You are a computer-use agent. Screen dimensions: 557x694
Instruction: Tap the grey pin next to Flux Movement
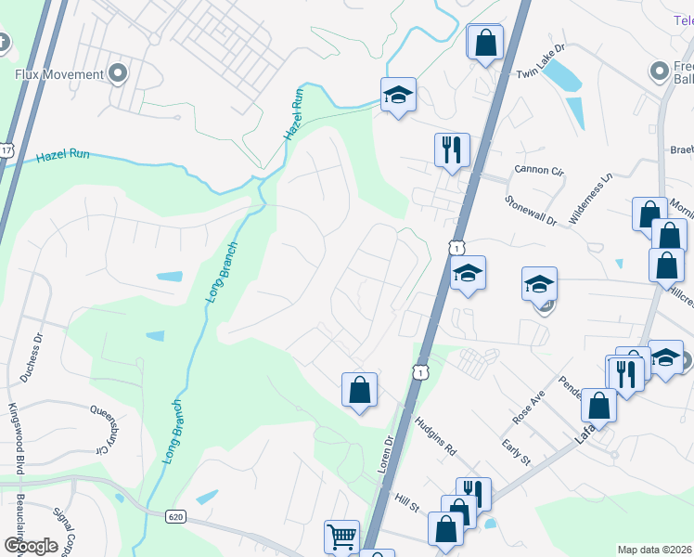[x=118, y=72]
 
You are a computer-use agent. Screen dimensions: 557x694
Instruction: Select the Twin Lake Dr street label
[x=540, y=61]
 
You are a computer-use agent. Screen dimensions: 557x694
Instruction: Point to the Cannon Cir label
[x=538, y=171]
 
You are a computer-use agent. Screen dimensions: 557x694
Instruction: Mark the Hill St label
[x=406, y=502]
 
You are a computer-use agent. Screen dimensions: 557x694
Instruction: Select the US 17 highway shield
[x=6, y=149]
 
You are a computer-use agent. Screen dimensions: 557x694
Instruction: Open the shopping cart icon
[x=341, y=536]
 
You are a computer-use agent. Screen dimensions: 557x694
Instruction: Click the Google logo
[x=30, y=546]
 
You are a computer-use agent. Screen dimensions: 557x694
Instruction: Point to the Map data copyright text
[x=653, y=550]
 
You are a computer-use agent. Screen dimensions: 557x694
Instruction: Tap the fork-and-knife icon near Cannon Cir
[x=452, y=149]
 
